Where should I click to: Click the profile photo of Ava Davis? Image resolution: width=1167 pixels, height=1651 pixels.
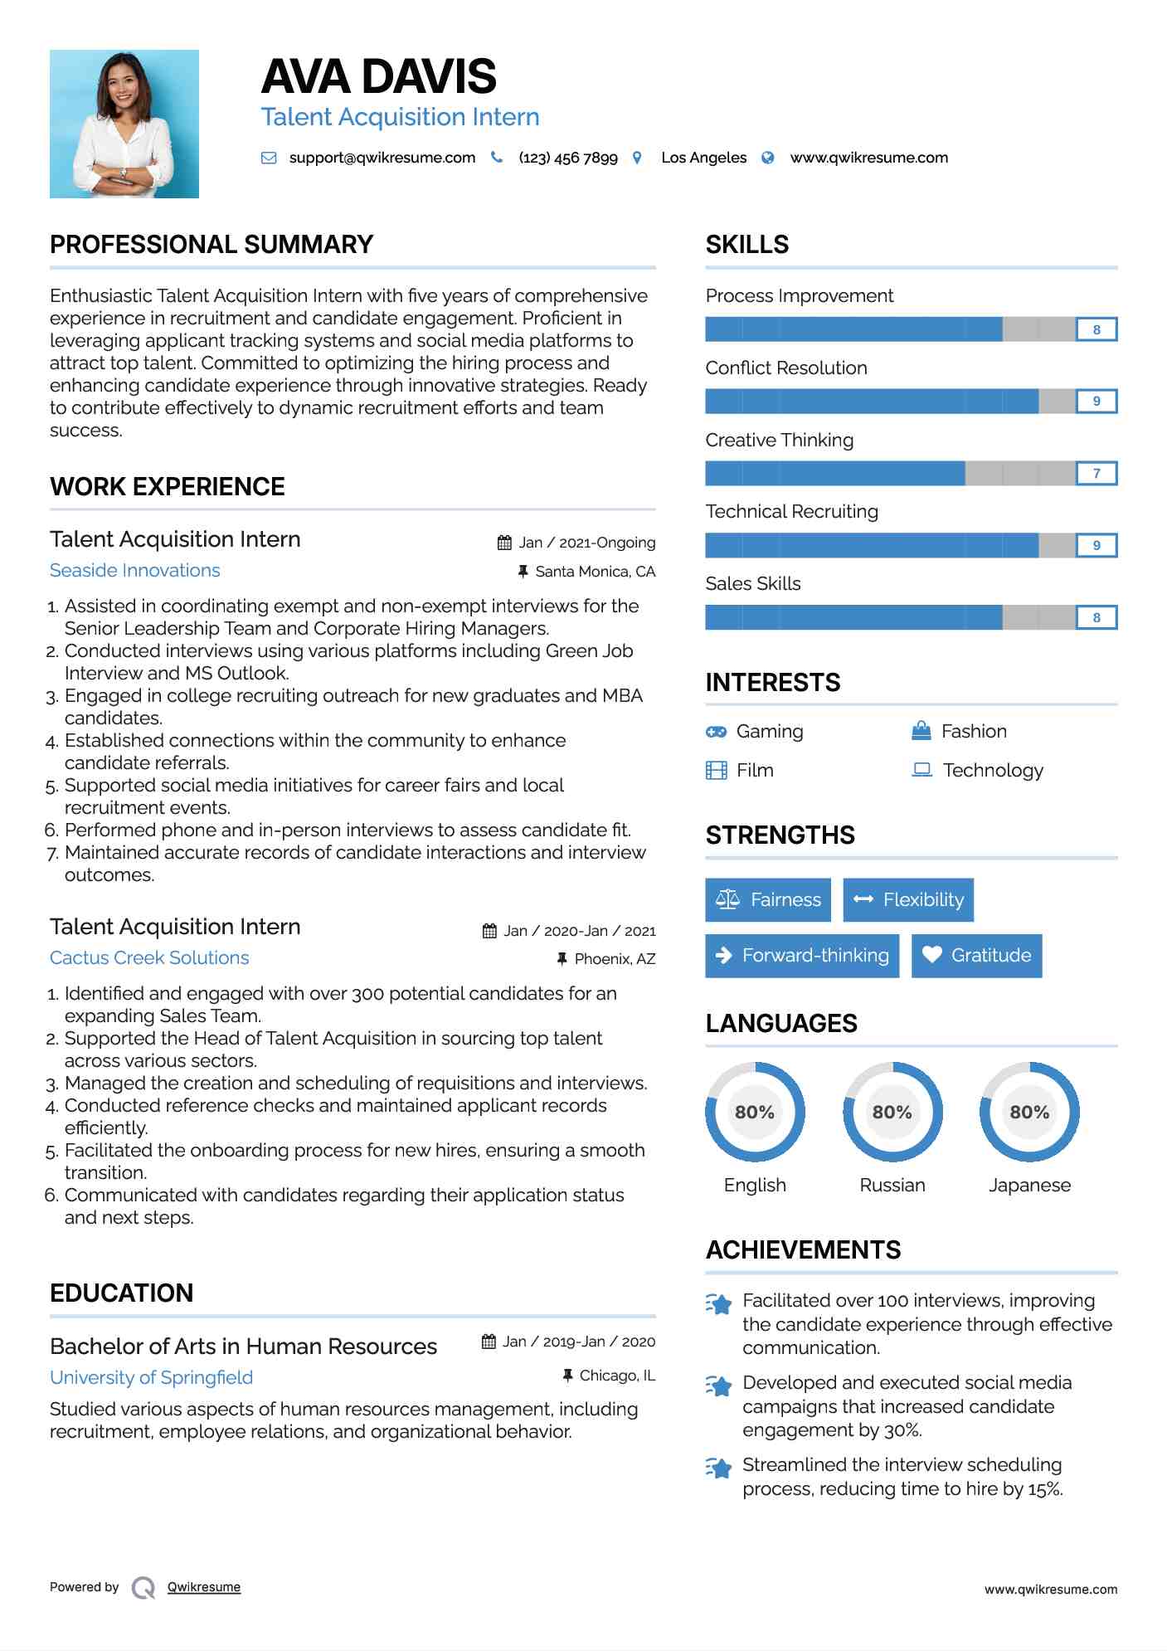point(124,124)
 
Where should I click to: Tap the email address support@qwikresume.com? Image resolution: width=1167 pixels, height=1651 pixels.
point(382,158)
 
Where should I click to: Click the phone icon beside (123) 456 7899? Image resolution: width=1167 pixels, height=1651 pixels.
point(497,157)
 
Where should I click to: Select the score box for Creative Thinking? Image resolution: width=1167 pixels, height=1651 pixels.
point(1096,473)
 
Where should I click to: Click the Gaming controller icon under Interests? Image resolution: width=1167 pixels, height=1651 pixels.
point(716,732)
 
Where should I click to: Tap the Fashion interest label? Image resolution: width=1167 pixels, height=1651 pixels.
point(974,732)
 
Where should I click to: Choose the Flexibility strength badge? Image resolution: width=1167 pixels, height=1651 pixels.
point(908,900)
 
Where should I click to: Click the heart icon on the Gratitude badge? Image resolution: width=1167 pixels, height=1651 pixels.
point(932,955)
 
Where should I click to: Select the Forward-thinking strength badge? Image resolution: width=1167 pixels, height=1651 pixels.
point(802,956)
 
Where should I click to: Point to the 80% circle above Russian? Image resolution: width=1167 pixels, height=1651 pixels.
point(892,1112)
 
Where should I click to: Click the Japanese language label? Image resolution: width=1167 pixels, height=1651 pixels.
point(1029,1185)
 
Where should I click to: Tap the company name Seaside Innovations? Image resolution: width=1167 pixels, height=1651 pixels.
point(135,571)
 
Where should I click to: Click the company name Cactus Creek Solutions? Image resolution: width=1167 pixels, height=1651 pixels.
point(149,958)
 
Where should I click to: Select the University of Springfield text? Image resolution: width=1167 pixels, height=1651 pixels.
point(151,1378)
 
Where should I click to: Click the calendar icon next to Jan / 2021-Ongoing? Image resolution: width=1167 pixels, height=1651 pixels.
point(504,543)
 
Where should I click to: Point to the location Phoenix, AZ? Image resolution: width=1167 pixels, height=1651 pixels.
point(615,959)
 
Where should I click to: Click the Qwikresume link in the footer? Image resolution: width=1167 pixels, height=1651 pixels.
point(204,1587)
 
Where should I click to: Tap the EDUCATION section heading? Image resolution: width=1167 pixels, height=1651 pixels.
point(122,1293)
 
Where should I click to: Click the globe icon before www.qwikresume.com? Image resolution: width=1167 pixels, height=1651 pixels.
point(768,158)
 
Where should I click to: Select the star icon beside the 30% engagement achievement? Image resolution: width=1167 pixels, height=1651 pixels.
point(719,1386)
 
